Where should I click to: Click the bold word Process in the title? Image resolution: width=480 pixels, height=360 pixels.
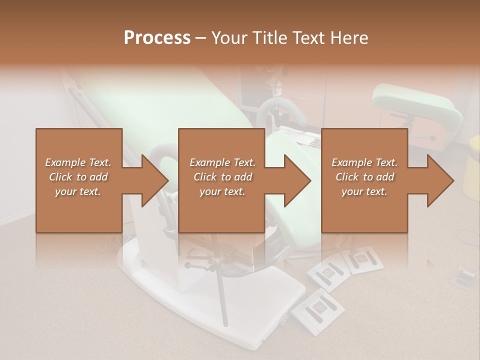(157, 37)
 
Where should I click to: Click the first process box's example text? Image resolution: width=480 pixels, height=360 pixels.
(78, 177)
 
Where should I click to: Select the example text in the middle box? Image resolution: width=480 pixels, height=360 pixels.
(222, 177)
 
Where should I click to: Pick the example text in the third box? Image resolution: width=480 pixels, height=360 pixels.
(364, 177)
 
